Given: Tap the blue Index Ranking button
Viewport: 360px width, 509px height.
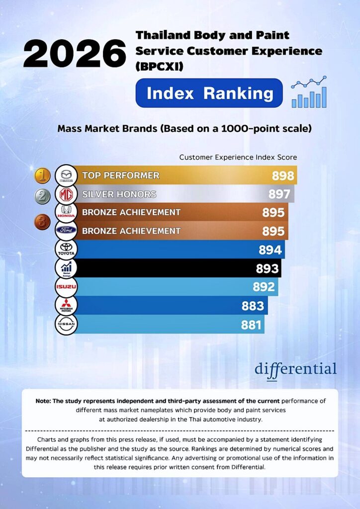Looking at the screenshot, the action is coord(209,93).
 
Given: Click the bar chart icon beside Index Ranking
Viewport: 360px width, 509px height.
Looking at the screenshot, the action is coord(309,92).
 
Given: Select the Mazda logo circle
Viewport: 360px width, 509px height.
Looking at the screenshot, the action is coord(66,175).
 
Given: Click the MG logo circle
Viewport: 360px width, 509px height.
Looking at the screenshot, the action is coord(66,194).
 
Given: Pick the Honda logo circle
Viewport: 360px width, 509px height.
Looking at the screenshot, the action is coord(66,212).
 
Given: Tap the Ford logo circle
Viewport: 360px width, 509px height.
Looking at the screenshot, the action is coord(66,231).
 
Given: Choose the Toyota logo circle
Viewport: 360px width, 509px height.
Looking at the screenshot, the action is coord(66,250).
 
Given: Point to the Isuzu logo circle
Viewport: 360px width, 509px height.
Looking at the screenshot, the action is coord(66,287).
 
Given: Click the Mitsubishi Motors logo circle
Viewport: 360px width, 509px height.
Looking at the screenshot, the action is coord(66,306).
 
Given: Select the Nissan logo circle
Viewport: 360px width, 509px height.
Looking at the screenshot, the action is coord(66,324).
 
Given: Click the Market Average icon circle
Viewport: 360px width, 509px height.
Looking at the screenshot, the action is coord(66,268).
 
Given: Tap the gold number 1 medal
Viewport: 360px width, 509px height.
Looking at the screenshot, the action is coord(43,176).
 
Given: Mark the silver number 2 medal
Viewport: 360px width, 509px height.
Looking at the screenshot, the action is coord(43,196).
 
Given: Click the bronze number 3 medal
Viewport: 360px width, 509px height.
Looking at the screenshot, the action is coord(43,222).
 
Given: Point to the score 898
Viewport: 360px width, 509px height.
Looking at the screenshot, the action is coord(283,175).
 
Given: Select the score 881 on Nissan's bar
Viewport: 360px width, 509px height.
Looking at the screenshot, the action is coord(251,325).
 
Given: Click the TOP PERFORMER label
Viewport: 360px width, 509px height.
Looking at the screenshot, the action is coord(121,175).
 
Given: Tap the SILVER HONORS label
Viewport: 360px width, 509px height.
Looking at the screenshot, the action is coord(119,194).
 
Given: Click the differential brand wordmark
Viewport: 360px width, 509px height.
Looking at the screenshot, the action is coord(296,370).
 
